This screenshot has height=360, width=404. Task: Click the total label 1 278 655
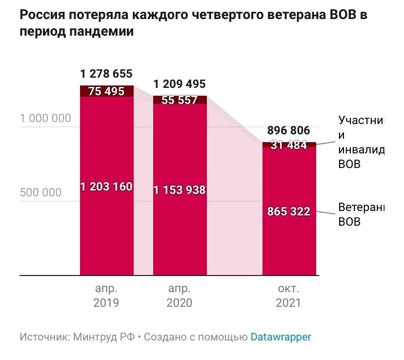[x=106, y=74]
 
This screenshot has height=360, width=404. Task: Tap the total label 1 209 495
[x=180, y=84]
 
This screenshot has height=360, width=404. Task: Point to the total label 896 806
[x=289, y=130]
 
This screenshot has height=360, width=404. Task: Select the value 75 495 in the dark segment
[x=106, y=91]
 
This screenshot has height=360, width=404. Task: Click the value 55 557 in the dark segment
[x=180, y=100]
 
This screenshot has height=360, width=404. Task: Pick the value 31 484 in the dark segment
[x=289, y=145]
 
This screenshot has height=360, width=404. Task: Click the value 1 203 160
[x=106, y=187]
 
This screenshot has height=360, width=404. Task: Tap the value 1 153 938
[x=180, y=190]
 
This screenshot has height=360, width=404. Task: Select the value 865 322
[x=289, y=212]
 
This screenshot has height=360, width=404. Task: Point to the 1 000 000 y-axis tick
[x=45, y=118]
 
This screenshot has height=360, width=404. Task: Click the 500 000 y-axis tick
[x=41, y=192]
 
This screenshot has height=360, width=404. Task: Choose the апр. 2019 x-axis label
[x=106, y=295]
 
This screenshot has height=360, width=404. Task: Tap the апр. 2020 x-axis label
[x=179, y=295]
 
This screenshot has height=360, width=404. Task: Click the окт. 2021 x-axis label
[x=288, y=295]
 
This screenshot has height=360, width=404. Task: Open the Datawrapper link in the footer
[x=281, y=337]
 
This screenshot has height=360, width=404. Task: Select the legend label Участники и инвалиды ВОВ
[x=362, y=142]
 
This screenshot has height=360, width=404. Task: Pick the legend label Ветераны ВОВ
[x=362, y=214]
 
